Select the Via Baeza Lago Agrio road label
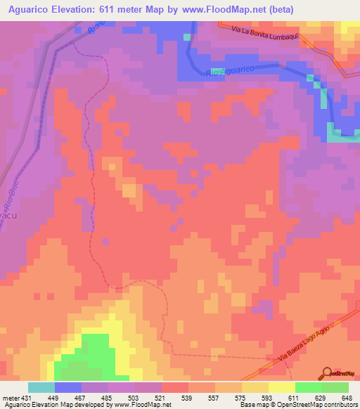pyautogui.click(x=307, y=344)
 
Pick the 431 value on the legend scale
pyautogui.click(x=24, y=397)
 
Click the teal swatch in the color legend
pyautogui.click(x=41, y=387)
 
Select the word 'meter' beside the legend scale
pyautogui.click(x=9, y=397)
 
